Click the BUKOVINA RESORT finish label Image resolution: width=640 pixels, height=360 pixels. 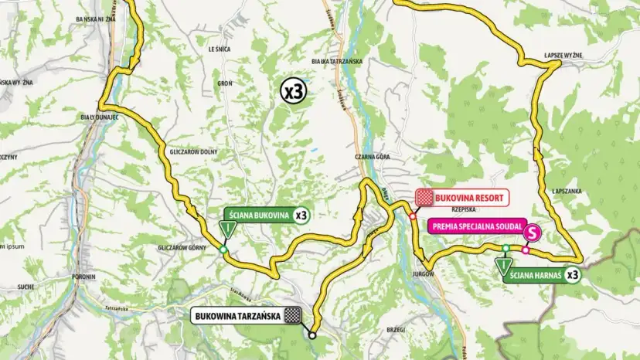pyautogui.click(x=469, y=198)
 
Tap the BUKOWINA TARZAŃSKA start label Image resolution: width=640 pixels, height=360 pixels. pyautogui.click(x=238, y=315)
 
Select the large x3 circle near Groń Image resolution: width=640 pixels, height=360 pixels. pyautogui.click(x=294, y=91)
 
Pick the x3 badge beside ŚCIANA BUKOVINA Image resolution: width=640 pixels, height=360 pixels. pyautogui.click(x=301, y=216)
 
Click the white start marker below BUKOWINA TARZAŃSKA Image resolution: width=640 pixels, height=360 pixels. pyautogui.click(x=312, y=335)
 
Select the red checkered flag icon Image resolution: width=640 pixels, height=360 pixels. pyautogui.click(x=423, y=198)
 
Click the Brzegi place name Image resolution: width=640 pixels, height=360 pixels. pyautogui.click(x=395, y=329)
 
